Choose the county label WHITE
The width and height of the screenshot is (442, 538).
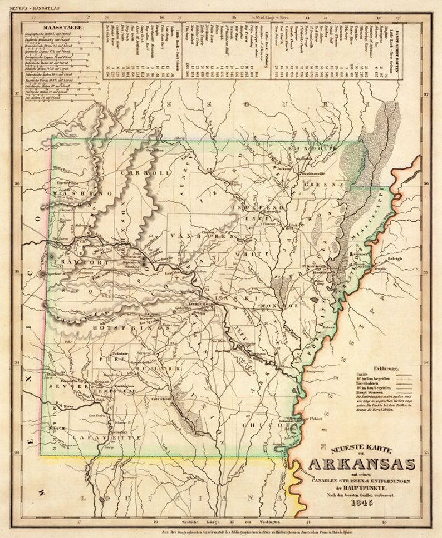245,254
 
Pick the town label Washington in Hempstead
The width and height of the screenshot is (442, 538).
125,386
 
